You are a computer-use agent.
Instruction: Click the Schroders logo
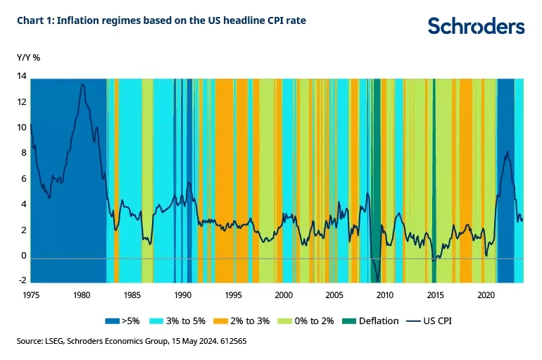[x=477, y=26]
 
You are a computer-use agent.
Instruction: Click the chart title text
[x=162, y=20]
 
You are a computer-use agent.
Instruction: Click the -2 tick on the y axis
[x=22, y=281]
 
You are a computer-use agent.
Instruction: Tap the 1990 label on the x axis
[x=183, y=294]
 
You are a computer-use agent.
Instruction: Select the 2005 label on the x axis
[x=334, y=294]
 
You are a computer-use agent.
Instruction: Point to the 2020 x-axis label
[x=486, y=294]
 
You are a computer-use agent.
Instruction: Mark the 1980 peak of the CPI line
[x=83, y=84]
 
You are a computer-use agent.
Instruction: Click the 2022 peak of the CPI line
[x=507, y=151]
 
